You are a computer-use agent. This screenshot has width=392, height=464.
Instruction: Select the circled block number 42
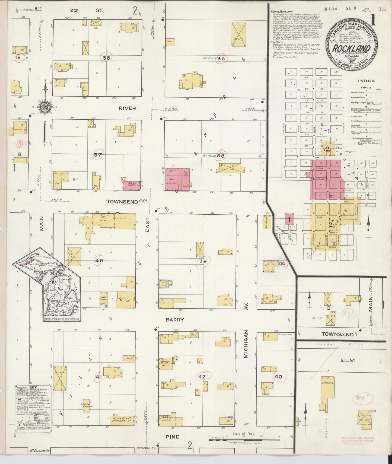click(x=202, y=377)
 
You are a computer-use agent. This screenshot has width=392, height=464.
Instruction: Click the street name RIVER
click(x=127, y=108)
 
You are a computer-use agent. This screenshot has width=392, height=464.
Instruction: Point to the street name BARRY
click(x=175, y=320)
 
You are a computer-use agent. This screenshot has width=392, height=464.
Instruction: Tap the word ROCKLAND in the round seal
click(x=352, y=49)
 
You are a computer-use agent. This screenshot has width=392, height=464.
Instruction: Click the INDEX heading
click(x=366, y=81)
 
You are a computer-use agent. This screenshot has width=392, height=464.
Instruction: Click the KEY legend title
click(x=33, y=387)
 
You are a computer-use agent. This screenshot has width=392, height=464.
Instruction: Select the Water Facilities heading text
click(x=282, y=12)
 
